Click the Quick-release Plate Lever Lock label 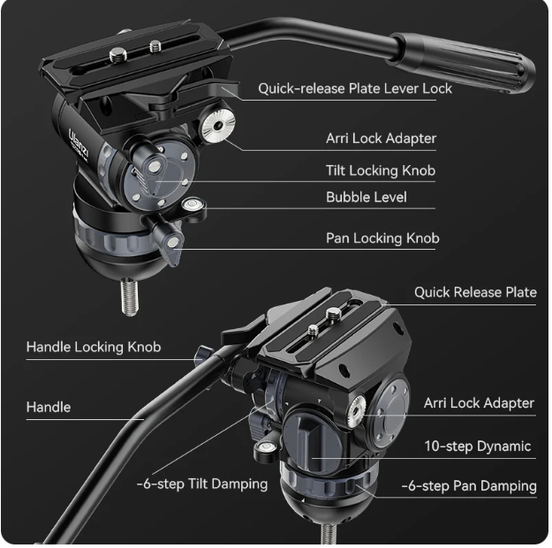(x=354, y=88)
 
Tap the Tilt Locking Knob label (x=380, y=170)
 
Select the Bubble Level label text (x=366, y=197)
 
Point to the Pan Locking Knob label (x=382, y=237)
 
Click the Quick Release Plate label (x=475, y=292)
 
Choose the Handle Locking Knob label (x=94, y=347)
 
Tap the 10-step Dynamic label (x=478, y=446)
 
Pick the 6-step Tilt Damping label (x=202, y=484)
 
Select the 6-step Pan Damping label (x=469, y=485)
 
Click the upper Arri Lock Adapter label (x=381, y=139)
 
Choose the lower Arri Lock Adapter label (x=479, y=403)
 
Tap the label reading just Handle (x=49, y=407)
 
